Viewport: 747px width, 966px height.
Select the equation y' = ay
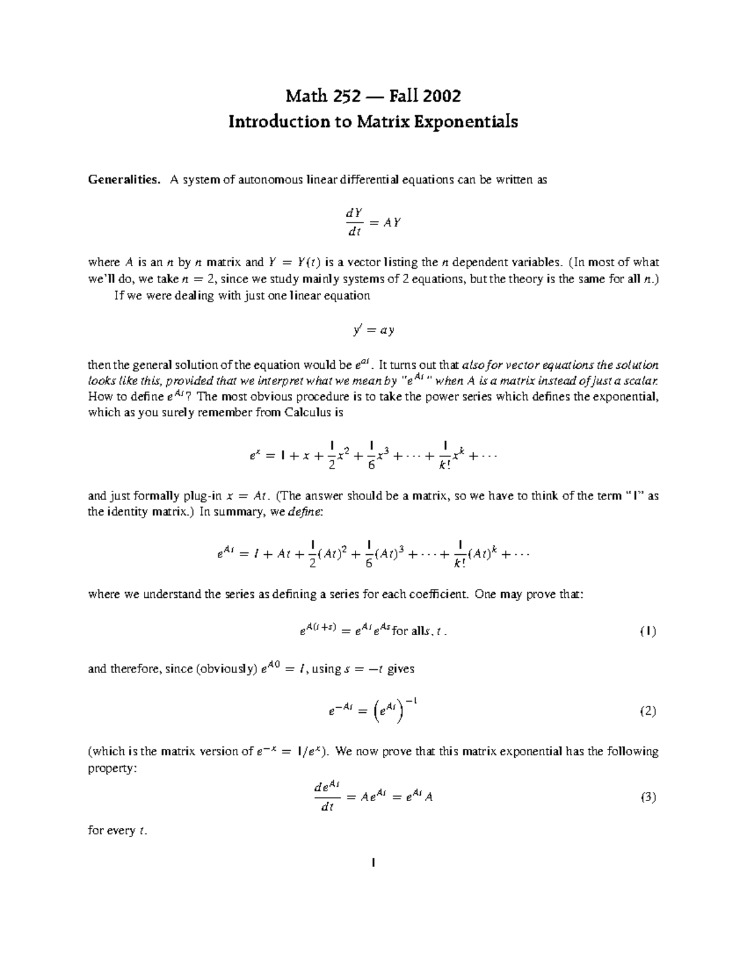[x=373, y=330]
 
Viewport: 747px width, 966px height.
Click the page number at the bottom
[x=373, y=863]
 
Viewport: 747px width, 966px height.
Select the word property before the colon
[x=109, y=768]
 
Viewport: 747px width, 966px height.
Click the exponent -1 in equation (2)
[x=410, y=702]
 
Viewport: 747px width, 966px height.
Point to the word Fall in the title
[x=403, y=97]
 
